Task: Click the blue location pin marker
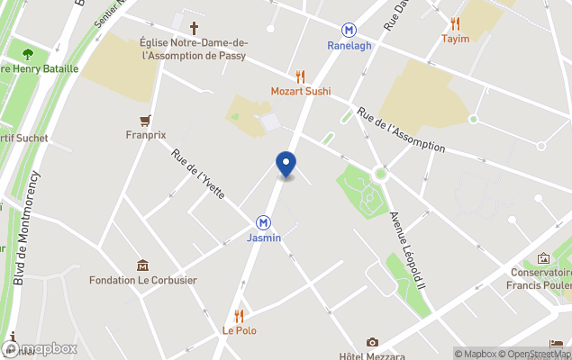pos(286,164)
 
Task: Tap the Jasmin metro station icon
pos(264,222)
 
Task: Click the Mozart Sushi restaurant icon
pos(301,76)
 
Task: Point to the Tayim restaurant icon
pos(456,24)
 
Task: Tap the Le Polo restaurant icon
pos(240,316)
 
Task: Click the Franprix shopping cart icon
pos(145,121)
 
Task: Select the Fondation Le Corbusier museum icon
pos(142,265)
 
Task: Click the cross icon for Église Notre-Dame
pos(194,28)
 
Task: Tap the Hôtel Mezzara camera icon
pos(372,342)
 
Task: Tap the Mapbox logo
pos(40,348)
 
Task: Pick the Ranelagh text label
pos(350,46)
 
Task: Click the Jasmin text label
pos(264,238)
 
